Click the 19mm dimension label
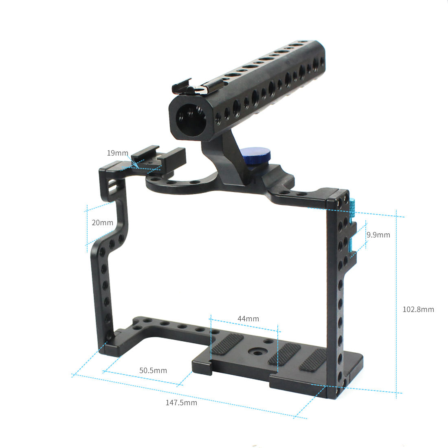(117, 153)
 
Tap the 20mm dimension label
(102, 223)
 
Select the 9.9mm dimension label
(378, 235)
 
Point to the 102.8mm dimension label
(418, 310)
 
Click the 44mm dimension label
(248, 319)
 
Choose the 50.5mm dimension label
(153, 371)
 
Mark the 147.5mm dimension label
(181, 403)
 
